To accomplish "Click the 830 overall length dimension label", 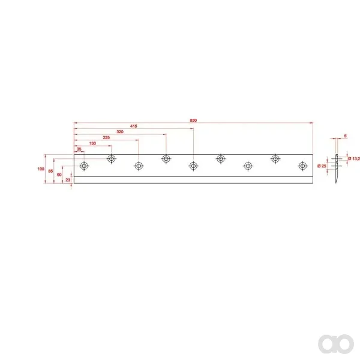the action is click(193, 121).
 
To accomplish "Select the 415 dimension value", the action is click(134, 126).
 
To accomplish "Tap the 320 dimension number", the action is click(120, 132).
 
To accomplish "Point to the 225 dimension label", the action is click(106, 137).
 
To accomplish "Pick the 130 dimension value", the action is click(92, 143).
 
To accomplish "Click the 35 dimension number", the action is click(79, 149).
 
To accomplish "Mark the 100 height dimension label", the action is click(41, 169).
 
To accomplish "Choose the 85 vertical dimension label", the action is click(50, 171).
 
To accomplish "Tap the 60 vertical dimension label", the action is click(59, 175).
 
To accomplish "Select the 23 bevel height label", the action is click(68, 180).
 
